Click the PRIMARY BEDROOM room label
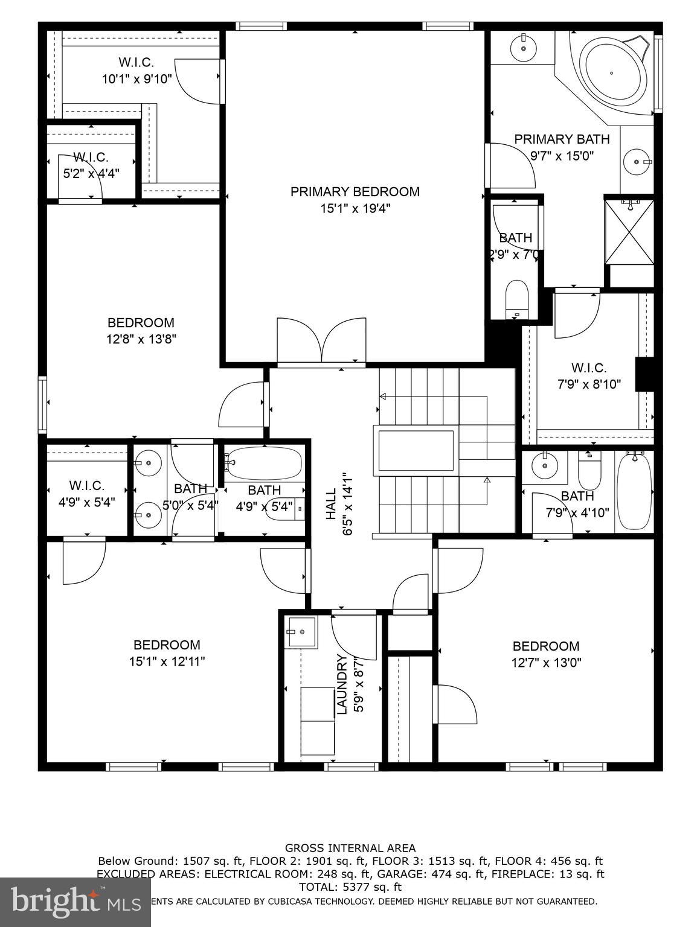point(355,192)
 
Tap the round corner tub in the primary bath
point(612,73)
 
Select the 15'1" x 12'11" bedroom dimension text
point(167,661)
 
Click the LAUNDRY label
point(342,684)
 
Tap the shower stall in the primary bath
point(629,231)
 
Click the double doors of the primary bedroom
point(321,342)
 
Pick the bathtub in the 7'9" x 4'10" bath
point(634,492)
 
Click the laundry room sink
point(301,632)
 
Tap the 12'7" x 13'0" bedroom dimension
point(546,663)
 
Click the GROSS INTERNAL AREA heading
point(350,848)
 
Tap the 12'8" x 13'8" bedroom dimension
point(141,339)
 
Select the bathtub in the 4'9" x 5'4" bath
point(264,462)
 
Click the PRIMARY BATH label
point(562,139)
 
